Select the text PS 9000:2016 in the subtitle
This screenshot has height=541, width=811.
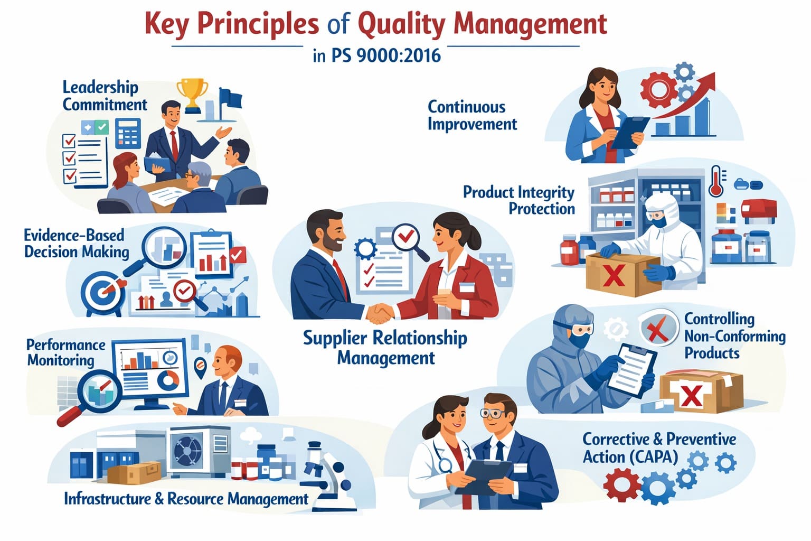[x=386, y=55]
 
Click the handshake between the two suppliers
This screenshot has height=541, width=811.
[x=380, y=313]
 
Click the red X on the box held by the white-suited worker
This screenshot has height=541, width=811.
[x=613, y=275]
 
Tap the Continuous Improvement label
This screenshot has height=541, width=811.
[x=472, y=115]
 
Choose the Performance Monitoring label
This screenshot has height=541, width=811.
[x=66, y=352]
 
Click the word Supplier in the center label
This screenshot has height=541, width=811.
[x=335, y=338]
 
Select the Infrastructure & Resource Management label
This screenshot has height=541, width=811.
[x=186, y=498]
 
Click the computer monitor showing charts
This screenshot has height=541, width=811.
[x=151, y=370]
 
